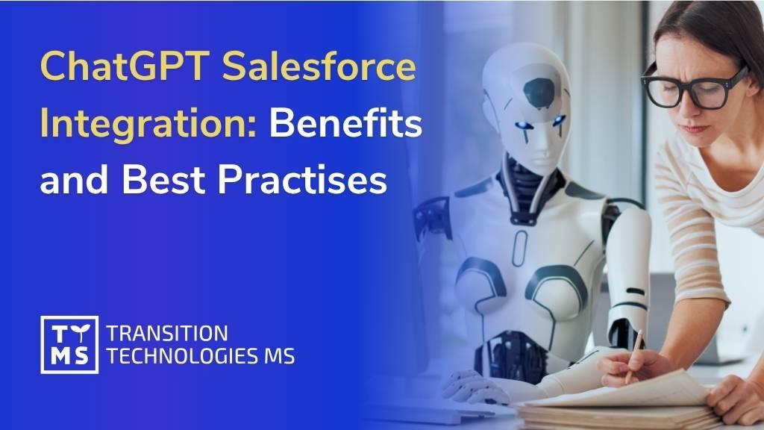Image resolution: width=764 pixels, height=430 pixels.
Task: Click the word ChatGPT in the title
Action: (x=125, y=66)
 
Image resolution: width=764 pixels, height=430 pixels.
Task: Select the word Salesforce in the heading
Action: (x=319, y=66)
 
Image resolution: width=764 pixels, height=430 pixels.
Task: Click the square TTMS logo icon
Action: (x=69, y=345)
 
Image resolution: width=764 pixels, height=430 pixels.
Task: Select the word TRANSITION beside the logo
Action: (x=167, y=334)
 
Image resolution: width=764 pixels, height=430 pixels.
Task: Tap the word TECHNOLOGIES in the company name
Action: (x=182, y=356)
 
